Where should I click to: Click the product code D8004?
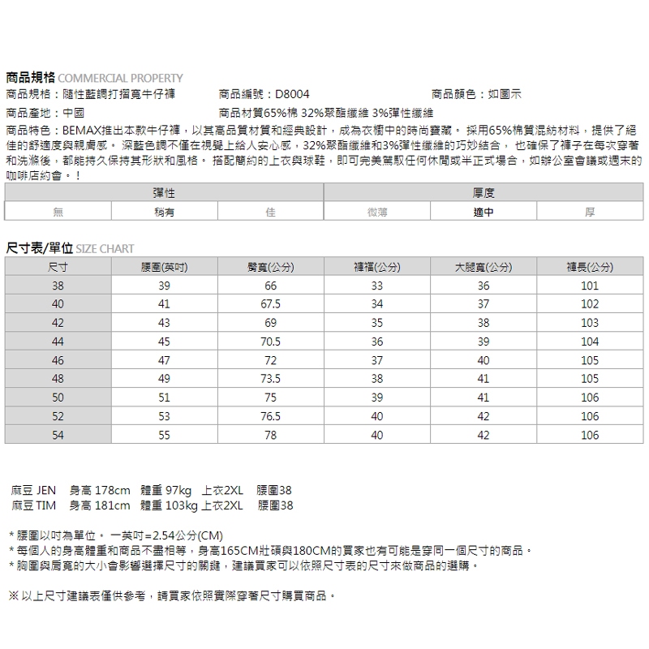pos(292,95)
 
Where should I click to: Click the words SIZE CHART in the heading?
pos(105,249)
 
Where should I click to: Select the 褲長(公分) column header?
pos(590,267)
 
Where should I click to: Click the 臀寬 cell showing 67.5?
pos(270,304)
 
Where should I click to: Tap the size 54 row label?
pos(58,435)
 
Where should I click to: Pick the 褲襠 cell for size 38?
pos(377,286)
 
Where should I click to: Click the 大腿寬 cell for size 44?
pos(484,342)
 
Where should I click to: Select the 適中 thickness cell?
pos(484,212)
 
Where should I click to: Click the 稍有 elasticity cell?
pos(164,212)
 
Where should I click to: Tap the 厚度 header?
pos(484,193)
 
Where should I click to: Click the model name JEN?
pos(47,491)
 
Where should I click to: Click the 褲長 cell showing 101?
pos(590,286)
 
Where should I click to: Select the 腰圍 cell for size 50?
pos(164,398)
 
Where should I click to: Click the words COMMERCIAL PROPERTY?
pos(122,79)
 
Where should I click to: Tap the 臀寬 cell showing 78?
pos(270,435)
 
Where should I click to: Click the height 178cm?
pos(111,491)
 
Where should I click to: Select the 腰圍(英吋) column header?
pos(164,267)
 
